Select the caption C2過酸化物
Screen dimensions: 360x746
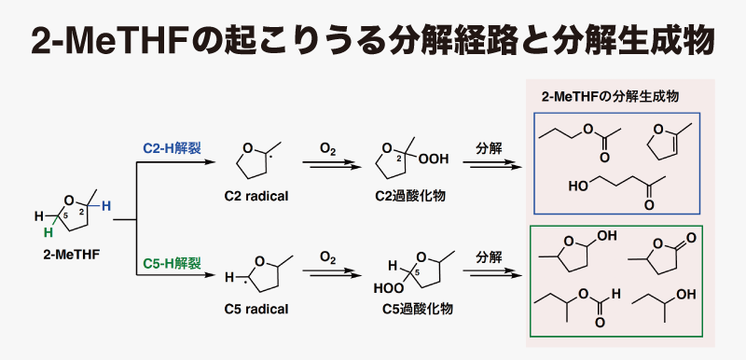[x=403, y=196]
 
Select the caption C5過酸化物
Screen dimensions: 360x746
[x=403, y=308]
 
